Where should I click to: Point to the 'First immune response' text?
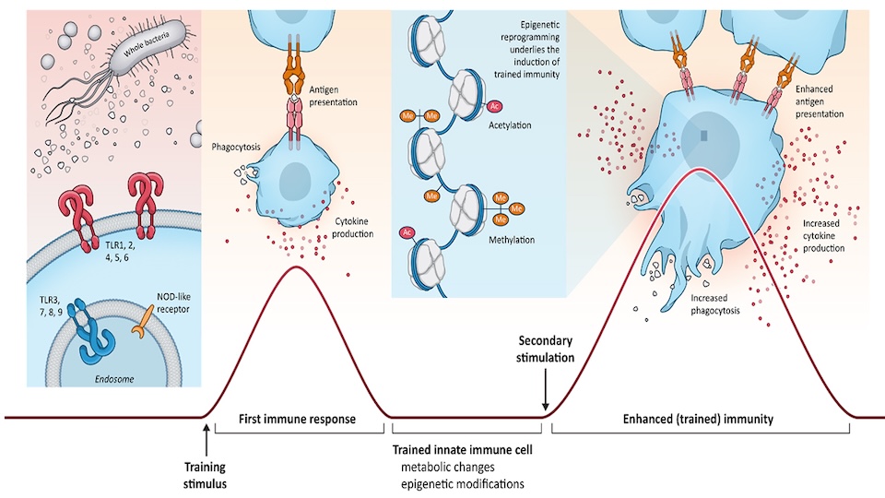point(298,419)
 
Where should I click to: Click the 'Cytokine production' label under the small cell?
point(353,228)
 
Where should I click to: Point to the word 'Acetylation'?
point(524,125)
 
